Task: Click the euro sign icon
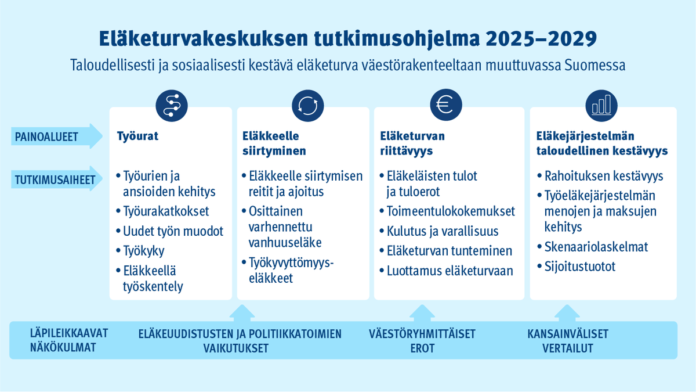click(x=445, y=105)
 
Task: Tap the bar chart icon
click(x=601, y=105)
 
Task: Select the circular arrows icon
click(x=308, y=105)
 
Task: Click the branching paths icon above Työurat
click(x=172, y=105)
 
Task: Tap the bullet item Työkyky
click(x=143, y=251)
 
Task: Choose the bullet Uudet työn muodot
click(x=173, y=231)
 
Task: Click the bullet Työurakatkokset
click(x=166, y=211)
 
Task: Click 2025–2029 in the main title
click(x=542, y=39)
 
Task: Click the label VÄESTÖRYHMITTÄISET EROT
click(x=422, y=341)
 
